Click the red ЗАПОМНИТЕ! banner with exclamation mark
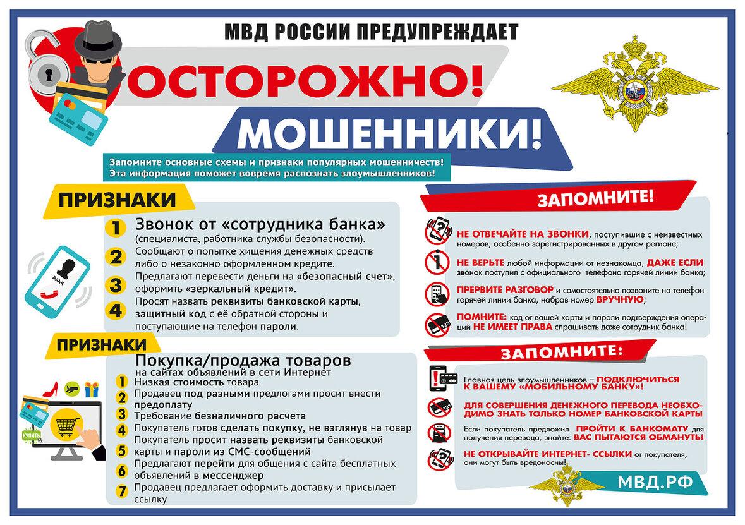[595, 198]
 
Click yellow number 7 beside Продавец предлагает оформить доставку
[123, 490]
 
